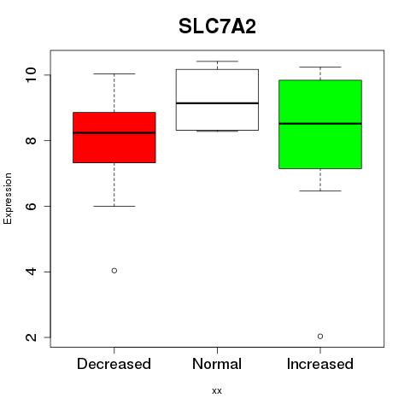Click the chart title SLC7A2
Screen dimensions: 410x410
[217, 26]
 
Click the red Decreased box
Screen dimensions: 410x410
[114, 138]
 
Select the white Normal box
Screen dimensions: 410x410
[217, 100]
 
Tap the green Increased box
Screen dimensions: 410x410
[320, 125]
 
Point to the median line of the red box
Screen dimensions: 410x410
[114, 132]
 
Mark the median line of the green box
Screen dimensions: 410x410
[320, 124]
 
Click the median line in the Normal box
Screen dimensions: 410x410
[217, 103]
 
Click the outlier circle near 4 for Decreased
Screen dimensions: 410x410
[114, 271]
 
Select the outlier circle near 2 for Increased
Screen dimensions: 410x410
[320, 337]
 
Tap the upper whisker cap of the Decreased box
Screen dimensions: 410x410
[114, 74]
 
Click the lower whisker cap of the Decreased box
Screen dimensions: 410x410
[114, 206]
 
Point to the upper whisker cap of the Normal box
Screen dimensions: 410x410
[217, 61]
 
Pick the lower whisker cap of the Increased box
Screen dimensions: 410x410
[320, 190]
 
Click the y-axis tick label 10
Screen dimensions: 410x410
[32, 75]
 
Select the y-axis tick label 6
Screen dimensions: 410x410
[32, 206]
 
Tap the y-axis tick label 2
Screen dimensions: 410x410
[32, 337]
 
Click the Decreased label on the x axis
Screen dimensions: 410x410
[114, 364]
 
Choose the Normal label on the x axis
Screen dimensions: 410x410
[217, 364]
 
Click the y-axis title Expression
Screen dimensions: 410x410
[8, 198]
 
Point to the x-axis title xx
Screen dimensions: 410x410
[217, 391]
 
